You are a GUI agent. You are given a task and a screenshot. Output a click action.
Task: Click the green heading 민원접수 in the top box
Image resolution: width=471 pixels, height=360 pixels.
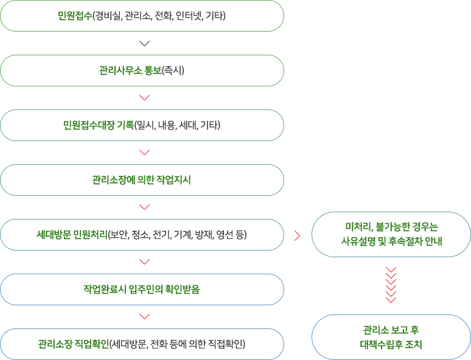[75, 16]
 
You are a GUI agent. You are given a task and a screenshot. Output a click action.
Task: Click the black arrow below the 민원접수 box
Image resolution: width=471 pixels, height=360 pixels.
[144, 44]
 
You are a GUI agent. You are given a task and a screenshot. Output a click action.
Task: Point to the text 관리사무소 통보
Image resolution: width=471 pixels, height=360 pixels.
[130, 71]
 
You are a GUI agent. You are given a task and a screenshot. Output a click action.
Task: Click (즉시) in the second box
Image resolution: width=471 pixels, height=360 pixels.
[173, 71]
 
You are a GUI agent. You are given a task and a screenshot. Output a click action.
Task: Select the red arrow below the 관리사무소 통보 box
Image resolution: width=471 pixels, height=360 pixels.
[144, 97]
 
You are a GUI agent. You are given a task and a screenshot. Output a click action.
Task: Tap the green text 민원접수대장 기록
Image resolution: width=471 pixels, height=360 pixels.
[98, 125]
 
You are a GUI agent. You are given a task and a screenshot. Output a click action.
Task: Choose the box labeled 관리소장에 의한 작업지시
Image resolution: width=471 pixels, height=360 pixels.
[142, 180]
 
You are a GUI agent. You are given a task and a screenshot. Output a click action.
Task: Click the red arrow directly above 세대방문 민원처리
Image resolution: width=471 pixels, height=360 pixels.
[144, 207]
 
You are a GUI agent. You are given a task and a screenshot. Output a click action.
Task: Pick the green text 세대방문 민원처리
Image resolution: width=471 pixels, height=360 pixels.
[72, 235]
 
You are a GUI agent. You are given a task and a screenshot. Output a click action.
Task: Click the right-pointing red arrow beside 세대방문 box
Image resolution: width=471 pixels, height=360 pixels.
[298, 236]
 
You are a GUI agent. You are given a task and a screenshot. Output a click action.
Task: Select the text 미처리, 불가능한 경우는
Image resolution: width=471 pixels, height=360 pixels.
[392, 227]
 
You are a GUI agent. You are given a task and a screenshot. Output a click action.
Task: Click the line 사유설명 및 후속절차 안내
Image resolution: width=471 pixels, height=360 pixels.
[392, 241]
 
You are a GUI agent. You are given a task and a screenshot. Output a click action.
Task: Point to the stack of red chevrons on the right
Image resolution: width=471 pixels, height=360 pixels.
[391, 285]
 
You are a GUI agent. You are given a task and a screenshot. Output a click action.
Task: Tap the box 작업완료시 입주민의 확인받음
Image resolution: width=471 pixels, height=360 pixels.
[142, 289]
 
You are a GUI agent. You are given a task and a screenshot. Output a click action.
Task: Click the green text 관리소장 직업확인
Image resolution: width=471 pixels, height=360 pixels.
[74, 344]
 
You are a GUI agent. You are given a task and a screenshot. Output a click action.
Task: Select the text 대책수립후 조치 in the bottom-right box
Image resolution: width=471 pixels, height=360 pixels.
[391, 344]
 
